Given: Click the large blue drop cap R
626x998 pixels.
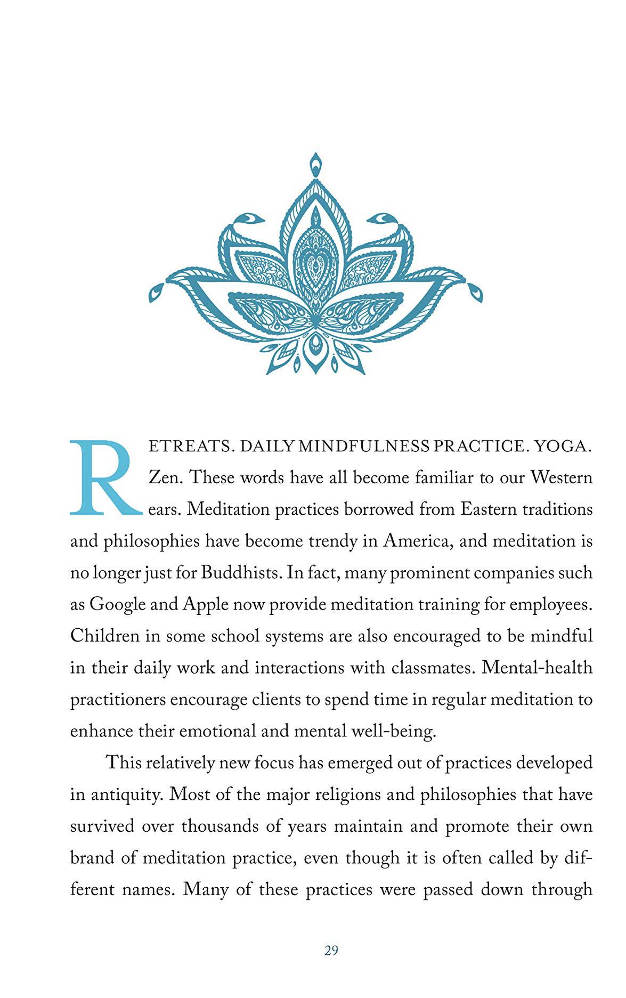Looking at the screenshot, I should [105, 478].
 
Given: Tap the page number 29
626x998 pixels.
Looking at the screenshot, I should [331, 950].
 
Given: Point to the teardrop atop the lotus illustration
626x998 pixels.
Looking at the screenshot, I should [315, 165].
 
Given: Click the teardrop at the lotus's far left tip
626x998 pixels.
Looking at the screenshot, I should [157, 292].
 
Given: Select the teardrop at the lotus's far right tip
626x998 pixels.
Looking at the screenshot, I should [474, 292].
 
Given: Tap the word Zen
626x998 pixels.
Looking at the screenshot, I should [166, 477].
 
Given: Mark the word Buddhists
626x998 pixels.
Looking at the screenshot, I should [241, 573].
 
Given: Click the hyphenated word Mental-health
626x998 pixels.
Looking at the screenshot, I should [537, 668].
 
